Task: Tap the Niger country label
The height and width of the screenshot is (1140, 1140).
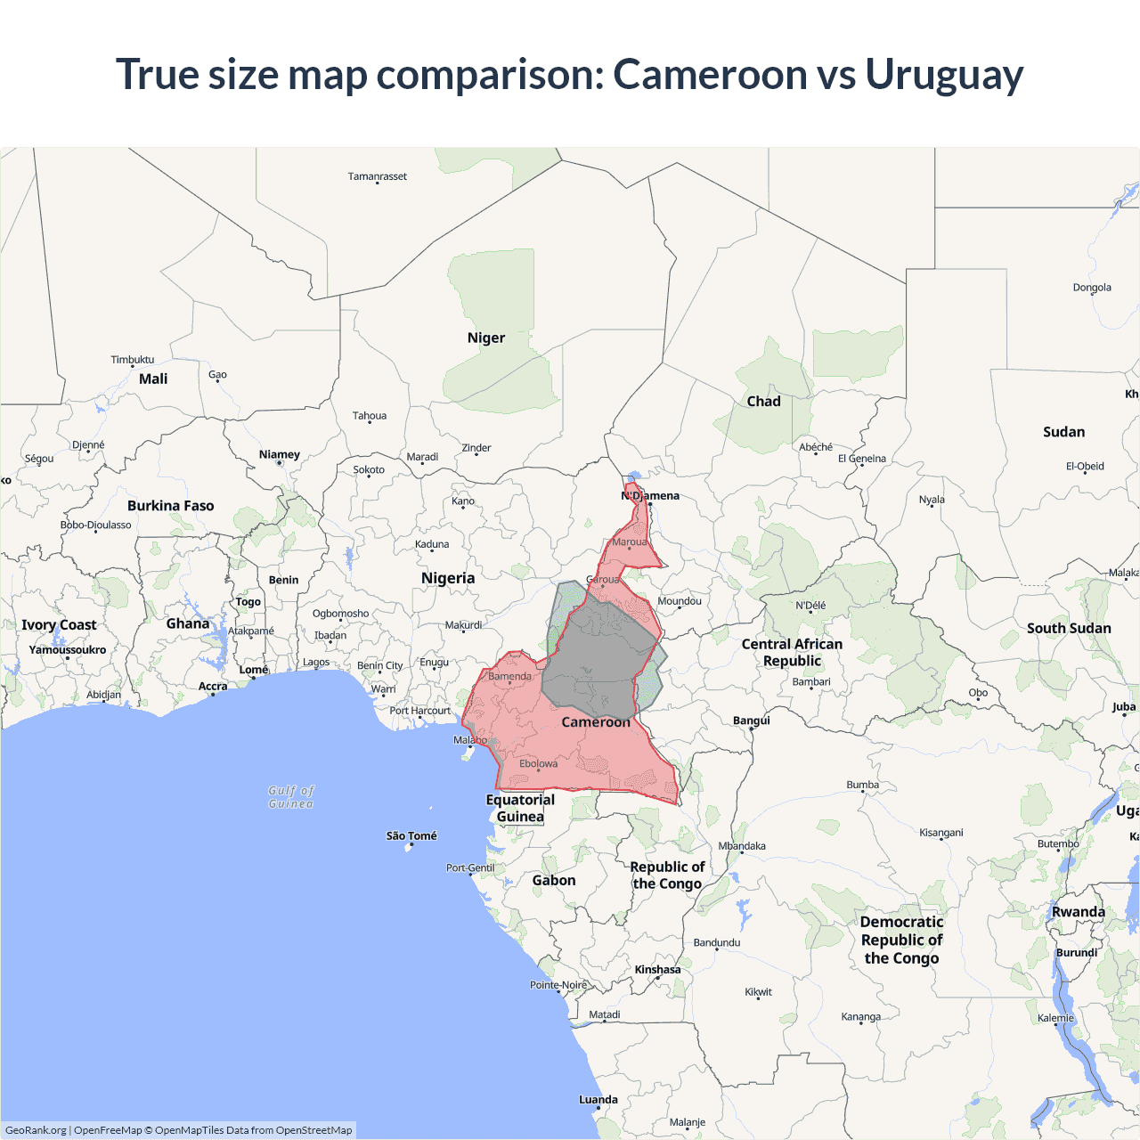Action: [485, 338]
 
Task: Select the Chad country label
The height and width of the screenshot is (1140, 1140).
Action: [763, 401]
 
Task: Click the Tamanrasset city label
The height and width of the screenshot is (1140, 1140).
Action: [377, 176]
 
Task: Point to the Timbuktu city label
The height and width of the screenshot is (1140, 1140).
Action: [132, 360]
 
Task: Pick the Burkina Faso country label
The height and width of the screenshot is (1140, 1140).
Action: [170, 506]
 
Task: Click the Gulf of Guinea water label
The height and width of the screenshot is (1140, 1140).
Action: [291, 797]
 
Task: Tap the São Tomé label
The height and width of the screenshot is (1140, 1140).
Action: [411, 835]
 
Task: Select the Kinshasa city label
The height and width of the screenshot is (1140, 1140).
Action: [657, 970]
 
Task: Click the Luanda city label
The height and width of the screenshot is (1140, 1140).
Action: [598, 1099]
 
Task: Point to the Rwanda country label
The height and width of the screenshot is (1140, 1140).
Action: [1078, 912]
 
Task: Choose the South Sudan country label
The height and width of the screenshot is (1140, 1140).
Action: [1068, 628]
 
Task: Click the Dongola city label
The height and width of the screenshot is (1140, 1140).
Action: [1092, 288]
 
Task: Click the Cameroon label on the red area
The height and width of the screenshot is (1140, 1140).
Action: [595, 722]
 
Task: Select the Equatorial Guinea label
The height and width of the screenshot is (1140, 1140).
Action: [520, 808]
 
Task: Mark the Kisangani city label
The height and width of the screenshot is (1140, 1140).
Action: [940, 833]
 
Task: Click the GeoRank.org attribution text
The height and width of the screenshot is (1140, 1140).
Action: [36, 1130]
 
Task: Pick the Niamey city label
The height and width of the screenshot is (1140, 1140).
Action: [279, 454]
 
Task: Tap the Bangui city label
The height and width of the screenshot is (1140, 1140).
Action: [751, 721]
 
